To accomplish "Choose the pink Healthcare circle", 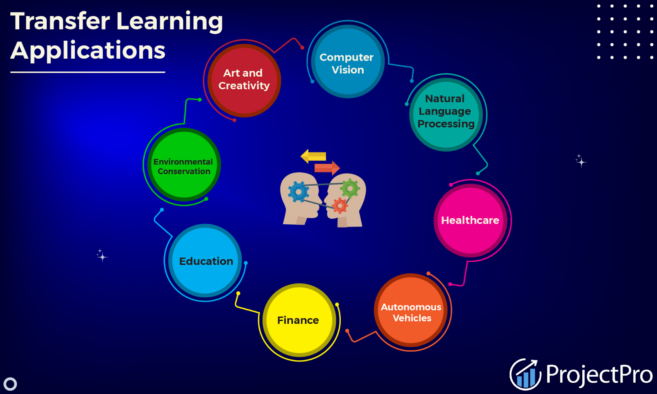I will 470,220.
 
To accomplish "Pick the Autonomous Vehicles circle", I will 411,312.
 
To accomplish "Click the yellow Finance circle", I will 299,320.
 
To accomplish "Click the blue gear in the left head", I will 299,192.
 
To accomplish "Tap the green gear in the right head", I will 350,189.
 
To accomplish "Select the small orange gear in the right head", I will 340,205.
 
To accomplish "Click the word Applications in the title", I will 88,51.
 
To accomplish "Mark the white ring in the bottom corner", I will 10,384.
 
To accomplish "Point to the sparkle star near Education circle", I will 101,256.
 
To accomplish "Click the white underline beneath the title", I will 87,72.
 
